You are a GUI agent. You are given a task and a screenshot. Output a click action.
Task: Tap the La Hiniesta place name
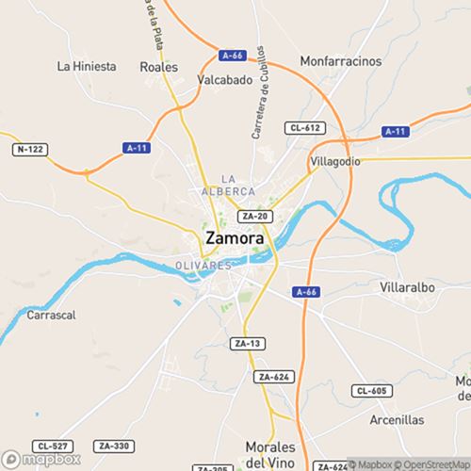coord(87,66)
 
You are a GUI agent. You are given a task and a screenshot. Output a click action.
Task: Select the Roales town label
coord(158,67)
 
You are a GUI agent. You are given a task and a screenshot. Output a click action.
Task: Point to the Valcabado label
coord(225,80)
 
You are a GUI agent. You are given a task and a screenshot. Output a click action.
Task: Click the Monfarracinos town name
coord(341,61)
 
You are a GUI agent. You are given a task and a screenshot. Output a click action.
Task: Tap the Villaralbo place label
coord(411,285)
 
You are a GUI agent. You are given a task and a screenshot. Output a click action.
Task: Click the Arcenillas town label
coord(397,419)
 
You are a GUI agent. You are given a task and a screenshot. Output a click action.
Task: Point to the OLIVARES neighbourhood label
coord(203,266)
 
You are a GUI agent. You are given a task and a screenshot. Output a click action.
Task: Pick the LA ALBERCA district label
coord(228,185)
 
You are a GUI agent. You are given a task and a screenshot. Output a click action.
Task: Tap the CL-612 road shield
coord(308,127)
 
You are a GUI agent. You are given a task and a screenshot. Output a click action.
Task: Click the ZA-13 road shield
coord(247,344)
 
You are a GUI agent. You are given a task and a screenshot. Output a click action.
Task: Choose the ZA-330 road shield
coord(113,445)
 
